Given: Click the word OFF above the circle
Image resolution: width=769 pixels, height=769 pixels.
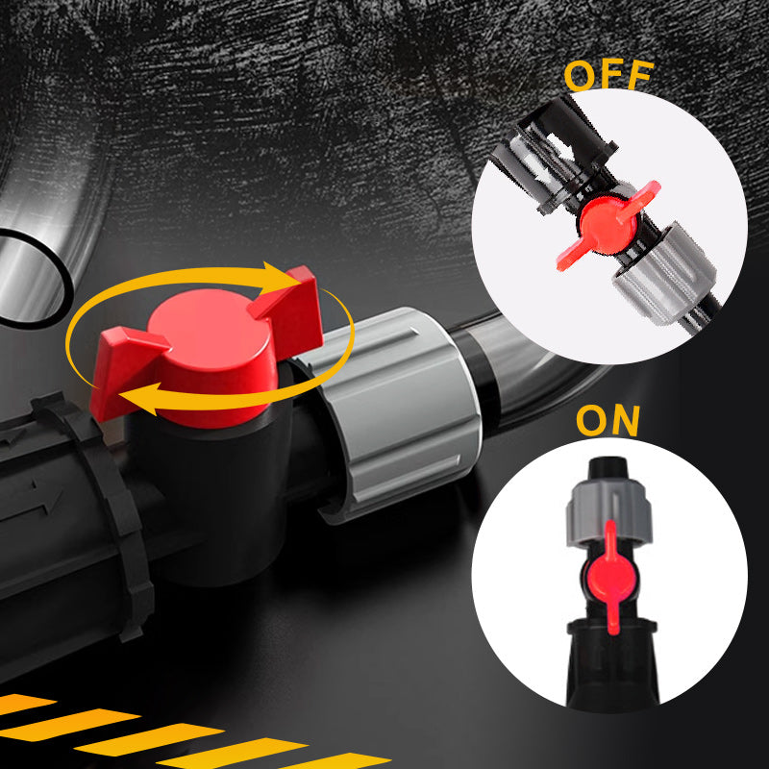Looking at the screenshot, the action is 608,75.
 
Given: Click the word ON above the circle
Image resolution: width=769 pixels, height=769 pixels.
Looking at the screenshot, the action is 608,421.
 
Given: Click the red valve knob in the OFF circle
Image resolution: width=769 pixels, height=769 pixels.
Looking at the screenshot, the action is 608,226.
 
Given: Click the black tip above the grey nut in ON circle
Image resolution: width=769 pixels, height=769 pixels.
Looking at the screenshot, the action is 608,468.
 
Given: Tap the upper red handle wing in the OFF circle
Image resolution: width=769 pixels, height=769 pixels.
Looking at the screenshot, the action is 639,199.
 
